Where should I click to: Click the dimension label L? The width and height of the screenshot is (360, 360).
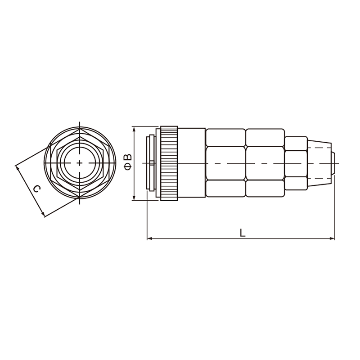(x=243, y=232)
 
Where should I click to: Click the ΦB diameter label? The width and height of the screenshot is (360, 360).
(x=128, y=162)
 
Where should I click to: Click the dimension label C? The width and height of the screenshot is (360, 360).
(x=37, y=189)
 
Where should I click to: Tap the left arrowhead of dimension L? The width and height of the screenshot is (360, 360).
(x=149, y=238)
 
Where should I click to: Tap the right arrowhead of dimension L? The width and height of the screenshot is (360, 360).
(x=332, y=238)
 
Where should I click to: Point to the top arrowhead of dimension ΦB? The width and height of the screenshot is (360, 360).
(x=135, y=129)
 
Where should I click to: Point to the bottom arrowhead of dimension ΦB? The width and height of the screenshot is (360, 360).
(x=135, y=198)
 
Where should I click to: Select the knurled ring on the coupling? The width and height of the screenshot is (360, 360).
(x=169, y=163)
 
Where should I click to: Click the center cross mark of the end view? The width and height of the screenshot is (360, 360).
(x=80, y=163)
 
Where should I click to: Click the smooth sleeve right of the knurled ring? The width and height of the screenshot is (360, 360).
(x=191, y=163)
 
